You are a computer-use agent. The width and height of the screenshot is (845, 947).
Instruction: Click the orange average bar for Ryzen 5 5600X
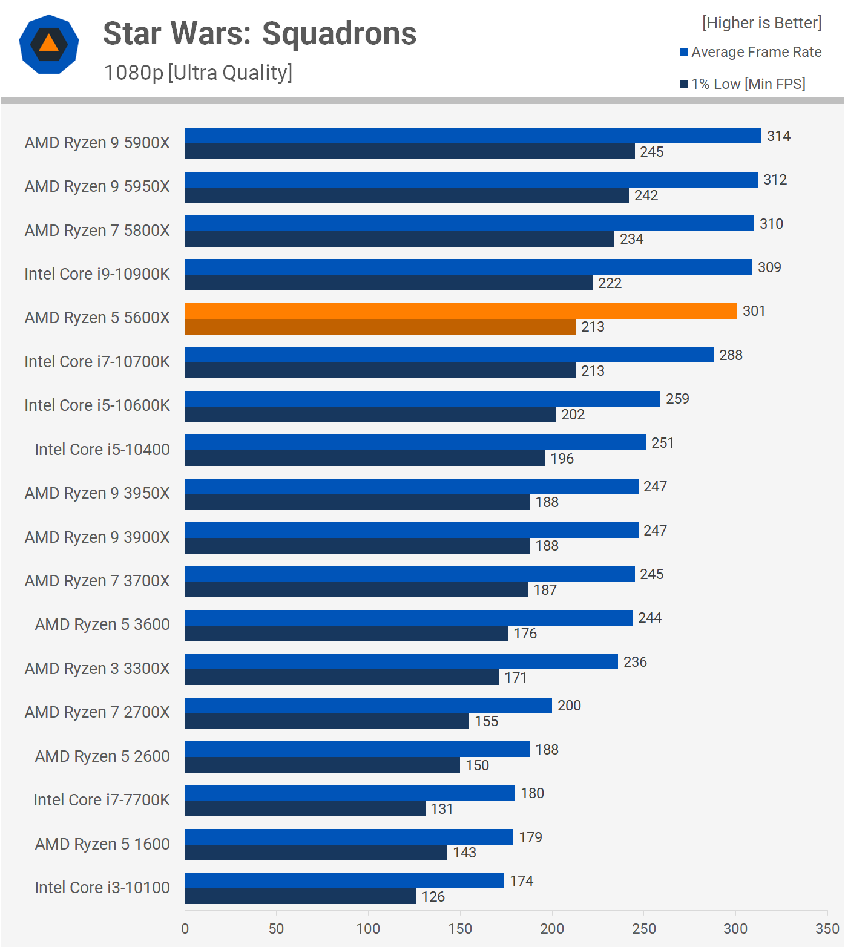point(461,311)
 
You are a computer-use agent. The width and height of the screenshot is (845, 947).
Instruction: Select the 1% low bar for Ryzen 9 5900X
point(410,151)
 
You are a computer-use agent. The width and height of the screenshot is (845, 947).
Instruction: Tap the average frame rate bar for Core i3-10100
point(344,880)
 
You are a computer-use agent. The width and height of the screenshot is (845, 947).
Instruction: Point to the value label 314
point(778,136)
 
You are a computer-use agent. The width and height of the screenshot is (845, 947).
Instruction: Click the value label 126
point(433,897)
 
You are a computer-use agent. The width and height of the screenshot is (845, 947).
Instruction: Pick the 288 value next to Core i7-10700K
point(731,355)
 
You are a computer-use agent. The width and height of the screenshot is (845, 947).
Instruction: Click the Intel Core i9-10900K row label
point(97,274)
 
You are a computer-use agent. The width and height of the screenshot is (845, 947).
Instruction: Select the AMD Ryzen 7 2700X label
point(97,712)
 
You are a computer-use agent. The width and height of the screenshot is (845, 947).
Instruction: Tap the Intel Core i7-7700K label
point(102,800)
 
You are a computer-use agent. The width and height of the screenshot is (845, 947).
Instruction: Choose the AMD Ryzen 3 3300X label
point(97,669)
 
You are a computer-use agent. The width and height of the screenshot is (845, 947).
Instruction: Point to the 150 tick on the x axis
point(460,929)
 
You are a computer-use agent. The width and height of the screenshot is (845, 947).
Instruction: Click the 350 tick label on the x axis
point(827,929)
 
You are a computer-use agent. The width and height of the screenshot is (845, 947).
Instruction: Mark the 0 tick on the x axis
point(185,929)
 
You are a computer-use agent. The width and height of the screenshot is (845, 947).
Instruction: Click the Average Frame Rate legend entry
point(756,52)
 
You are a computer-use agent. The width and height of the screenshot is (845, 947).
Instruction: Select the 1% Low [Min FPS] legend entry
point(748,84)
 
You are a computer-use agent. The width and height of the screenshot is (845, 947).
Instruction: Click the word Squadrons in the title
point(339,34)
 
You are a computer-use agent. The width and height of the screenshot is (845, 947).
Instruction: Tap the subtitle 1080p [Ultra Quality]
point(198,73)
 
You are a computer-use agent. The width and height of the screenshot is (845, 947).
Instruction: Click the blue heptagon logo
point(49,44)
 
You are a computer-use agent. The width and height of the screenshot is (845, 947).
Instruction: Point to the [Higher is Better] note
point(761,23)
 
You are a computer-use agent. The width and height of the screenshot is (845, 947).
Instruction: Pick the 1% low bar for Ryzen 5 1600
point(316,853)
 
